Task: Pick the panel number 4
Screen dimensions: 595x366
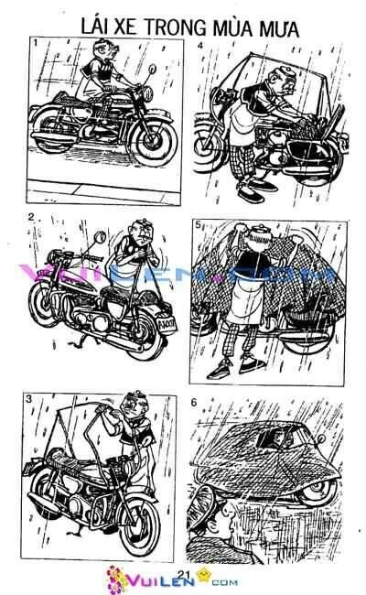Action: click(x=200, y=43)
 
